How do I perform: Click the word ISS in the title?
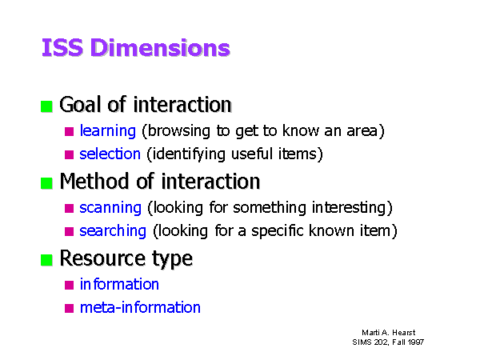(x=62, y=47)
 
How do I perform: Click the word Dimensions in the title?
(x=160, y=47)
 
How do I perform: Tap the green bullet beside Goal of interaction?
(x=46, y=106)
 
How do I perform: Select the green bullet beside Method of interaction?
(x=46, y=183)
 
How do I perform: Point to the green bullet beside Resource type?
(x=46, y=260)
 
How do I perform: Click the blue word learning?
(x=108, y=131)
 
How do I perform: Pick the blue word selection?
(x=110, y=154)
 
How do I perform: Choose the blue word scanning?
(x=110, y=208)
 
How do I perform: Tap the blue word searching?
(x=113, y=231)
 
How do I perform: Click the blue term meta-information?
(x=140, y=307)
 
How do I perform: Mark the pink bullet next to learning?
(x=69, y=132)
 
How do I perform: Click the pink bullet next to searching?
(x=69, y=231)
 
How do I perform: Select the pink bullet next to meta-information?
(x=69, y=308)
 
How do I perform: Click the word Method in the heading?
(x=94, y=182)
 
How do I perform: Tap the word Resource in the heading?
(x=102, y=258)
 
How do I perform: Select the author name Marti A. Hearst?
(x=389, y=333)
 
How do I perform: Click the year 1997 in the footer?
(x=415, y=342)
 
